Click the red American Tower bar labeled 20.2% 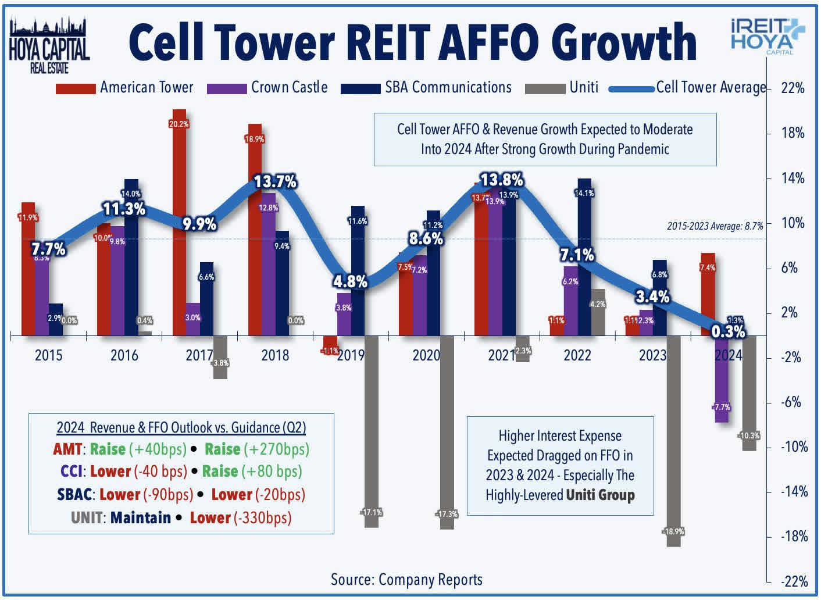coord(179,221)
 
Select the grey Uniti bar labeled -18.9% coord(673,442)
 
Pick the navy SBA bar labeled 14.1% coord(584,256)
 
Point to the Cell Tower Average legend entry coord(688,88)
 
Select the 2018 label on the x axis coord(275,355)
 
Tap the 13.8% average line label coord(501,180)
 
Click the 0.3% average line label coord(728,331)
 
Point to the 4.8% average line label coord(350,282)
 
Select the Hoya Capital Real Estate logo coord(49,45)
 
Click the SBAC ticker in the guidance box coord(75,495)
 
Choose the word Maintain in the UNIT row coord(140,517)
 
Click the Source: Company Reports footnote coord(406,580)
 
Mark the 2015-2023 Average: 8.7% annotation coord(715,226)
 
